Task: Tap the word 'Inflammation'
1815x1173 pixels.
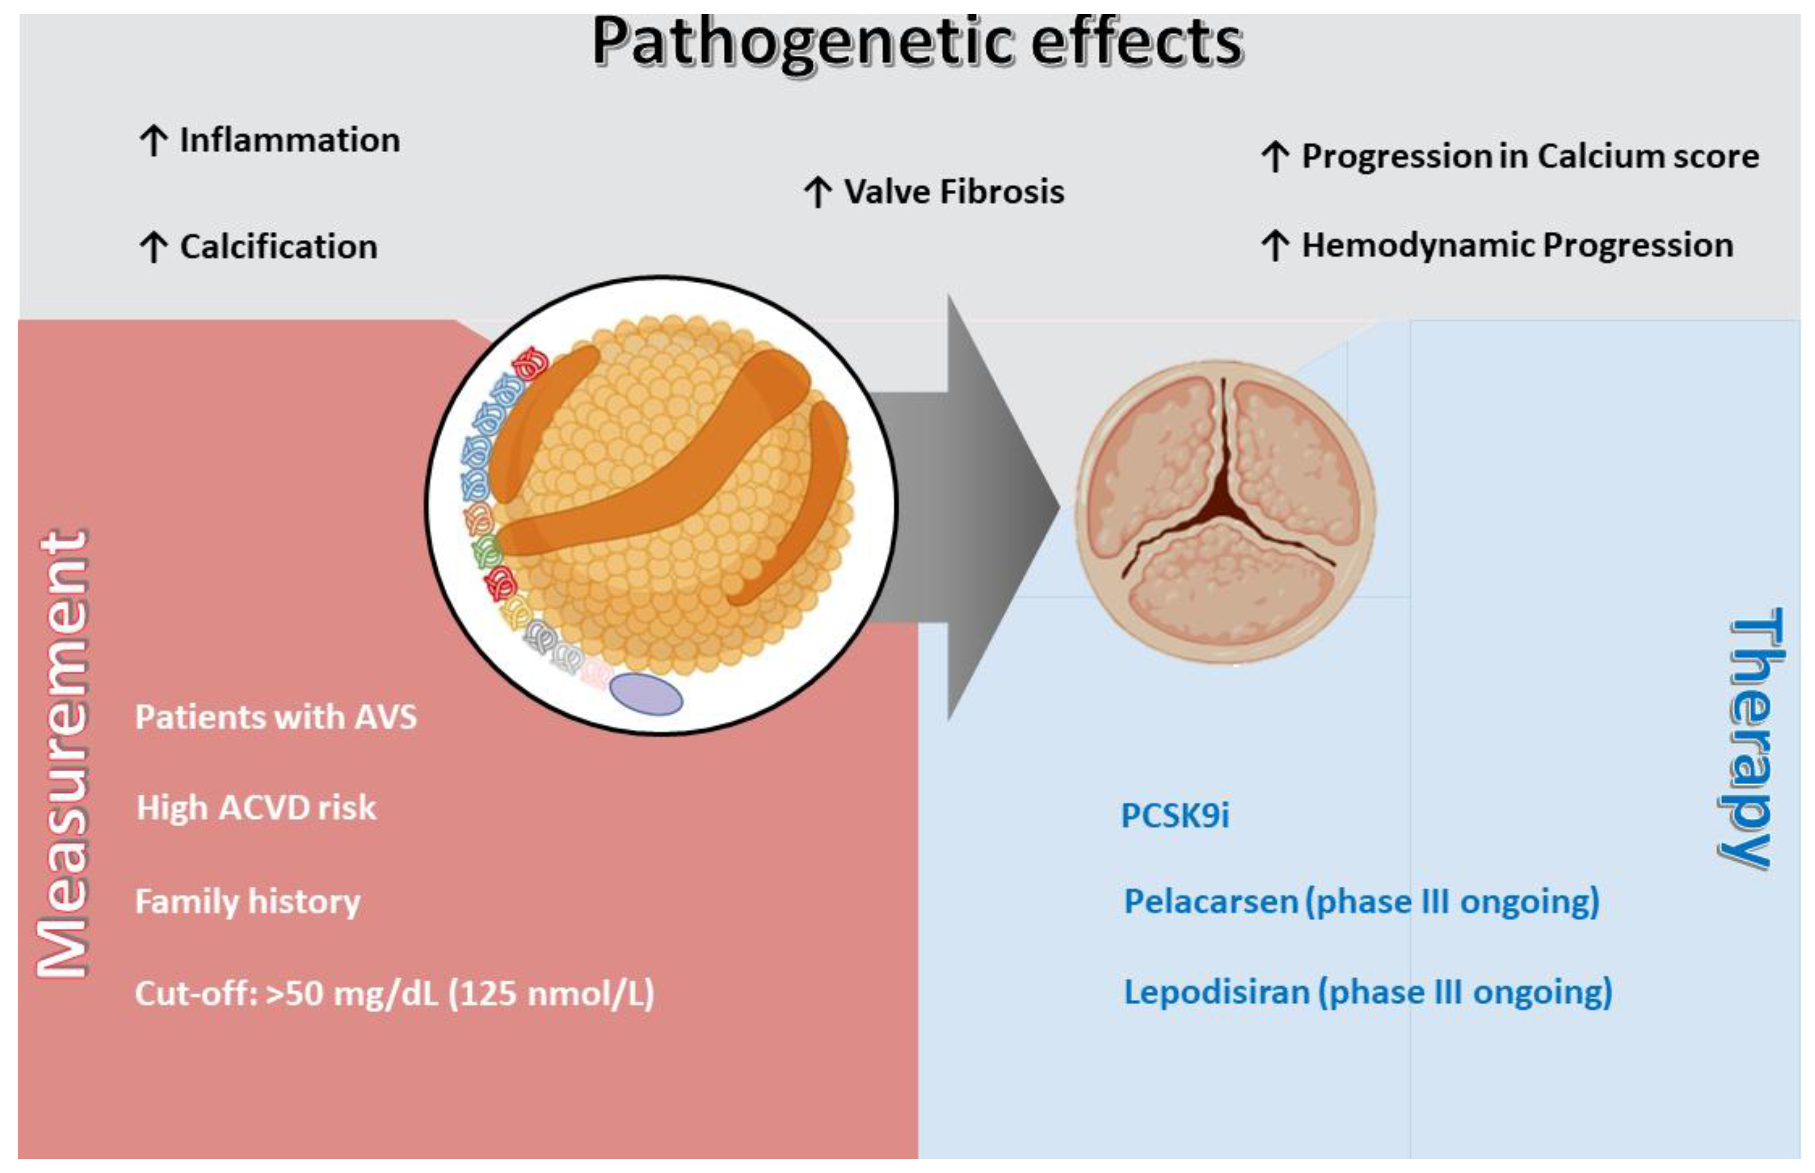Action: [289, 140]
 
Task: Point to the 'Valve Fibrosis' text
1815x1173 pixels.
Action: [954, 191]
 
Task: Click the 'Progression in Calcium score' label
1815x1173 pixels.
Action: [1530, 156]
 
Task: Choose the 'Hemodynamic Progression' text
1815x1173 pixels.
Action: [1516, 245]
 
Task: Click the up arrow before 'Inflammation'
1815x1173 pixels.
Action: [154, 141]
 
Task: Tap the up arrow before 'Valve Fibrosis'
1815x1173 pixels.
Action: [818, 192]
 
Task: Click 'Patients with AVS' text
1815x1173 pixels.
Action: [276, 717]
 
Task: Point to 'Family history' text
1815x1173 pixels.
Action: [247, 901]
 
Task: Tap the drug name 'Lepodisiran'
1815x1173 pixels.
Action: [1216, 992]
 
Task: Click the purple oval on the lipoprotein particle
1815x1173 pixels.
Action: [646, 694]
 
